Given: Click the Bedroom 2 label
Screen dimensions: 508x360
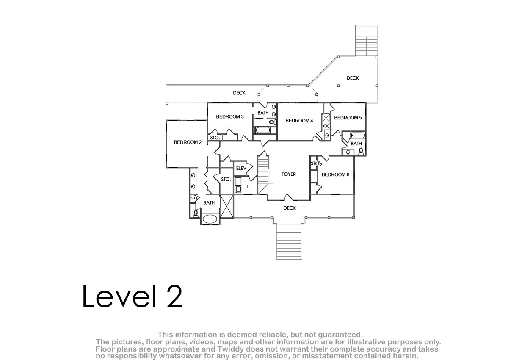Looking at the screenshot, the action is tap(188, 142).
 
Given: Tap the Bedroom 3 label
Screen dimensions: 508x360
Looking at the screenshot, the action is tap(230, 116).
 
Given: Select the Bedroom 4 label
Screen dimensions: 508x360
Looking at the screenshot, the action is tap(299, 121).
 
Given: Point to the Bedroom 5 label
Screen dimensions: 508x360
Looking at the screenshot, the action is tap(348, 118).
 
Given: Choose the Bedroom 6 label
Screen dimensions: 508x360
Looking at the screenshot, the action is tap(335, 174).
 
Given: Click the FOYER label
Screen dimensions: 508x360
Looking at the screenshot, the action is tap(289, 174).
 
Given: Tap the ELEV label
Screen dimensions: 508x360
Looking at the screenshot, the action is tap(241, 168).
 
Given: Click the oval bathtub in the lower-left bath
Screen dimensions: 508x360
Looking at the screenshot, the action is tap(210, 219).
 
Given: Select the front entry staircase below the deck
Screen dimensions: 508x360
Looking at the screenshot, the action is tap(289, 241).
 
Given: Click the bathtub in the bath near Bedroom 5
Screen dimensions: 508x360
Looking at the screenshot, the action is tap(358, 136).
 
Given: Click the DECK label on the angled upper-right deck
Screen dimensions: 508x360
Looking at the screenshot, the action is tap(353, 78).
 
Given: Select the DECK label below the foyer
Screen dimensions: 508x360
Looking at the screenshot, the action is tap(290, 208).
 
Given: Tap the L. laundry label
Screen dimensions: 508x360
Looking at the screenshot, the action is tap(249, 187).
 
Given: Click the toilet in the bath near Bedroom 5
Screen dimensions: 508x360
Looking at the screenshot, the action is tap(361, 151).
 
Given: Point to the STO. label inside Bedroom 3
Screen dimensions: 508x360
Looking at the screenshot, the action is tap(215, 138).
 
